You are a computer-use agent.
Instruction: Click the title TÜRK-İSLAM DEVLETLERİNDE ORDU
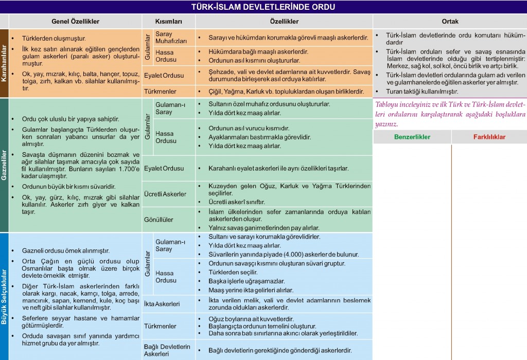pos(263,7)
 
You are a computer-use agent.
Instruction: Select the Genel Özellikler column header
pos(75,22)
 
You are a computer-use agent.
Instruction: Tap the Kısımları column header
pos(169,22)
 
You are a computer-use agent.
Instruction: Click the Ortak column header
pos(450,22)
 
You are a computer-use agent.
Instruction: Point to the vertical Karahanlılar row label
pos(4,63)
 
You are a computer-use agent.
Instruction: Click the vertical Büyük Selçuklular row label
pos(4,296)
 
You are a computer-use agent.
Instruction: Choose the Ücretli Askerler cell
pos(165,194)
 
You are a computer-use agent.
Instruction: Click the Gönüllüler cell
pos(159,220)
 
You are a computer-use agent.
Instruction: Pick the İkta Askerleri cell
pos(162,304)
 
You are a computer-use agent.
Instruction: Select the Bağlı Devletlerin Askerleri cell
pos(167,350)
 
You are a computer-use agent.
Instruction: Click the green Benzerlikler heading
pos(412,137)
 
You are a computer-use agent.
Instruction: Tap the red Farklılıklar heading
pos(489,137)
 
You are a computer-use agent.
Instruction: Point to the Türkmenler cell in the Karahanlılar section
pos(160,92)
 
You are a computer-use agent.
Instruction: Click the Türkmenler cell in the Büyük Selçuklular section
pos(160,326)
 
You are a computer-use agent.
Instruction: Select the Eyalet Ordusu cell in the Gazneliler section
pos(164,168)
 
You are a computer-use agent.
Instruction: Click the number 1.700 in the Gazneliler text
pos(130,168)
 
